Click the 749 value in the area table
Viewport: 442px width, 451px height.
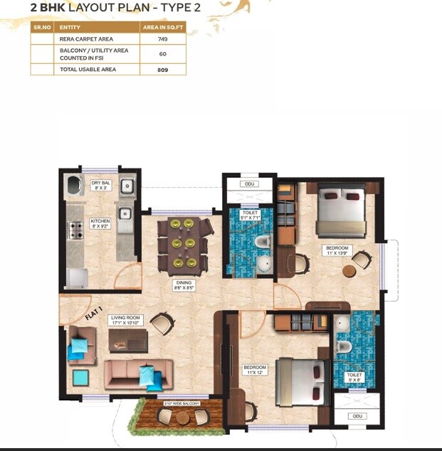click(x=162, y=39)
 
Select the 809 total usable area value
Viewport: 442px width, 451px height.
click(x=162, y=70)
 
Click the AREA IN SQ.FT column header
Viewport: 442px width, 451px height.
click(x=162, y=26)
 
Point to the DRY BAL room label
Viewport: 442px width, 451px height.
click(x=100, y=186)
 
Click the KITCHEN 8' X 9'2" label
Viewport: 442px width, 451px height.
click(x=100, y=223)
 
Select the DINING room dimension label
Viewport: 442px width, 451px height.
click(x=184, y=285)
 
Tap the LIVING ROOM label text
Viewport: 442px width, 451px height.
click(x=125, y=321)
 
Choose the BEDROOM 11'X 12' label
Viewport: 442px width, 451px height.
click(x=254, y=370)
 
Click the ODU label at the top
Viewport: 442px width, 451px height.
click(x=249, y=184)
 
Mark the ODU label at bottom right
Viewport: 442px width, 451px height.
click(x=357, y=415)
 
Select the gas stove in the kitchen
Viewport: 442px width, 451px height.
click(x=75, y=229)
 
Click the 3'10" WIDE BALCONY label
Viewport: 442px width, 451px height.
click(x=181, y=403)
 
